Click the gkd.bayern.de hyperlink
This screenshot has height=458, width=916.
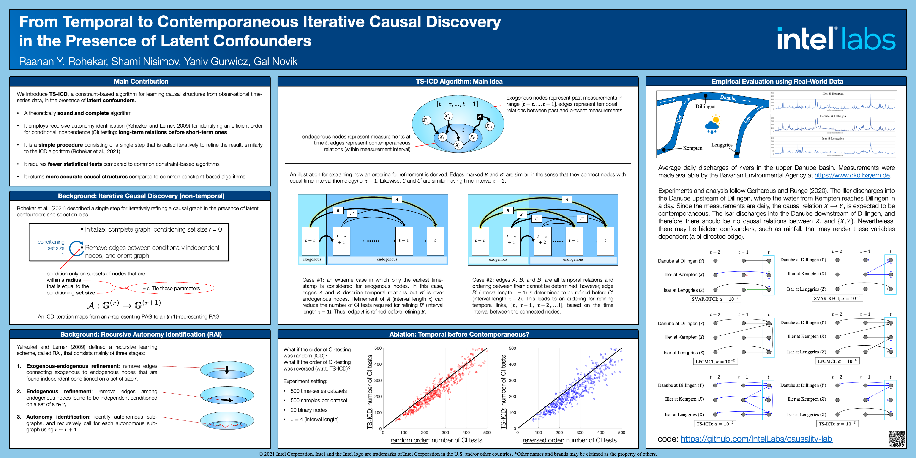coord(852,175)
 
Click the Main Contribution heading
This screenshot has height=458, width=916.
coord(141,82)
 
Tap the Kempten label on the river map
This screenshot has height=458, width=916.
coord(692,148)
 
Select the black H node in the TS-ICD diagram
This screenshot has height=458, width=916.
coord(479,117)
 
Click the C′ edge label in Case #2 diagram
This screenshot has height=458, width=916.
coord(582,219)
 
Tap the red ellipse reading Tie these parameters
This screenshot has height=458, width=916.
coord(171,288)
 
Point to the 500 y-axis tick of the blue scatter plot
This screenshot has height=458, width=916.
coord(513,348)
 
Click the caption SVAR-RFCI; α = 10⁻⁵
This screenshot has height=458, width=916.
coord(837,298)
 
